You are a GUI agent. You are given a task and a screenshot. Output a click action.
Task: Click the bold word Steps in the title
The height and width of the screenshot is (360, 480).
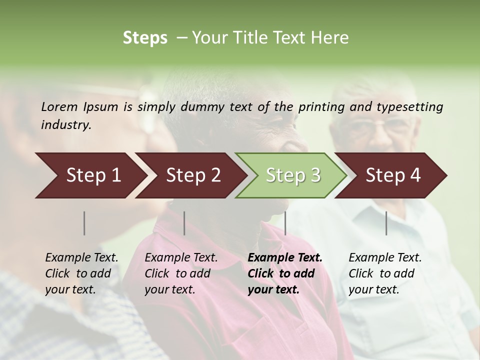click(x=145, y=37)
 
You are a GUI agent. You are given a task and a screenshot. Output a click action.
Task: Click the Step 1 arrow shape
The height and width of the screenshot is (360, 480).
click(x=90, y=175)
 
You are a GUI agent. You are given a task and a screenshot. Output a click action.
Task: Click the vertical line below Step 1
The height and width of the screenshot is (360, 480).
click(x=84, y=223)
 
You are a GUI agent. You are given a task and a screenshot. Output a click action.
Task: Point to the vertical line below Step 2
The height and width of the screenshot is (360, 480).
click(x=184, y=223)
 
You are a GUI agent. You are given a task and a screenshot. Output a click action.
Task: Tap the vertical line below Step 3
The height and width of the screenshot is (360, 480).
click(x=285, y=223)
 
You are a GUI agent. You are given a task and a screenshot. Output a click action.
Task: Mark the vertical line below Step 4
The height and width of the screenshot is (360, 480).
click(x=386, y=223)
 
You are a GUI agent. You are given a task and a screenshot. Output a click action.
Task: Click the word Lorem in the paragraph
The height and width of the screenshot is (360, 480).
click(x=59, y=106)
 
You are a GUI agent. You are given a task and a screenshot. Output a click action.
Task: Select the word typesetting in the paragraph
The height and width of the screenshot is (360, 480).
click(x=409, y=106)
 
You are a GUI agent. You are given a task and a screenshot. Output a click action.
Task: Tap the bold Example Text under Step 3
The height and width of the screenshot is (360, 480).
click(x=285, y=258)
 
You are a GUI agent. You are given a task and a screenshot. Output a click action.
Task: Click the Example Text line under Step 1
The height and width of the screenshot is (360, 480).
click(x=81, y=258)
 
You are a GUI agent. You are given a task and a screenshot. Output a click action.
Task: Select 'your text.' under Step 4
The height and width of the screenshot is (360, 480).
click(x=373, y=290)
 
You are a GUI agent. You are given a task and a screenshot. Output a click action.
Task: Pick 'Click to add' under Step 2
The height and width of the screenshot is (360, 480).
click(x=177, y=274)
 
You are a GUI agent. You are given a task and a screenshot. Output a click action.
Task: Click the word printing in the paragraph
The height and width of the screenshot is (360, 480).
click(x=318, y=106)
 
